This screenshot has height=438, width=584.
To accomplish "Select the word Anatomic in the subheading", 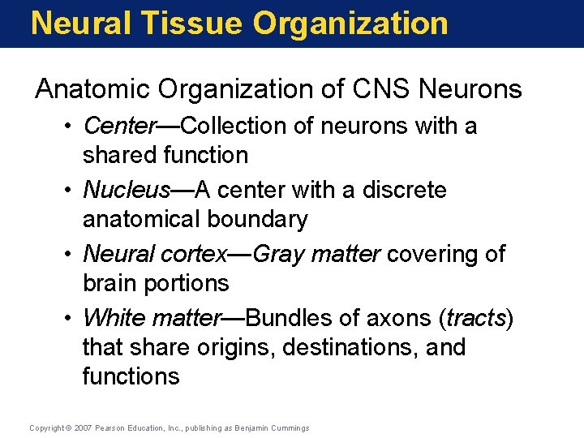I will click(x=88, y=89).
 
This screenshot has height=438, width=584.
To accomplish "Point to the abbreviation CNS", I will click(x=378, y=89).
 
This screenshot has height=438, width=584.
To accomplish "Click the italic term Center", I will click(x=119, y=126).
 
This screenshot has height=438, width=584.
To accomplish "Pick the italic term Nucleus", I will click(x=127, y=190).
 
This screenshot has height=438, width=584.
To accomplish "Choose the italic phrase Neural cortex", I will click(x=156, y=254).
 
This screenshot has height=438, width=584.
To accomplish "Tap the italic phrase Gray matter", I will click(x=316, y=254).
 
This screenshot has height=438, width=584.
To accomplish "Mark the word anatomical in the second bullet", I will click(x=143, y=219).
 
